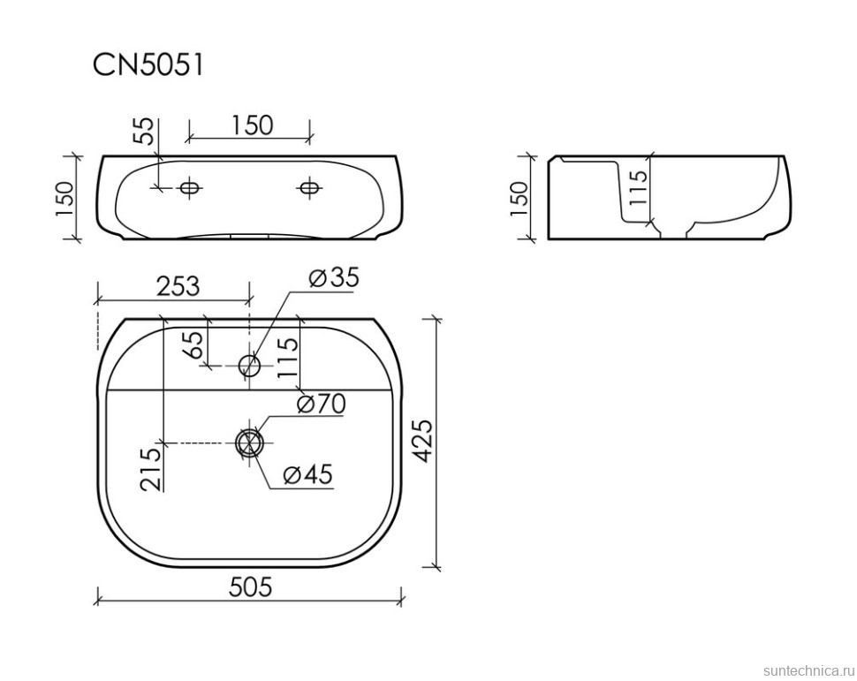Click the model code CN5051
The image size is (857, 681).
(x=148, y=65)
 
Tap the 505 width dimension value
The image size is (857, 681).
(x=250, y=588)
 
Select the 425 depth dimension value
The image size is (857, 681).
(x=425, y=442)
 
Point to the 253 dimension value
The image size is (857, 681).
(x=178, y=285)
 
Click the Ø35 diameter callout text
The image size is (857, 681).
(x=334, y=278)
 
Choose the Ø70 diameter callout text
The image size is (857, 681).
(x=322, y=404)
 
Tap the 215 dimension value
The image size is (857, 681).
(x=151, y=469)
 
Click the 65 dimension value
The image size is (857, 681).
(x=194, y=344)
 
